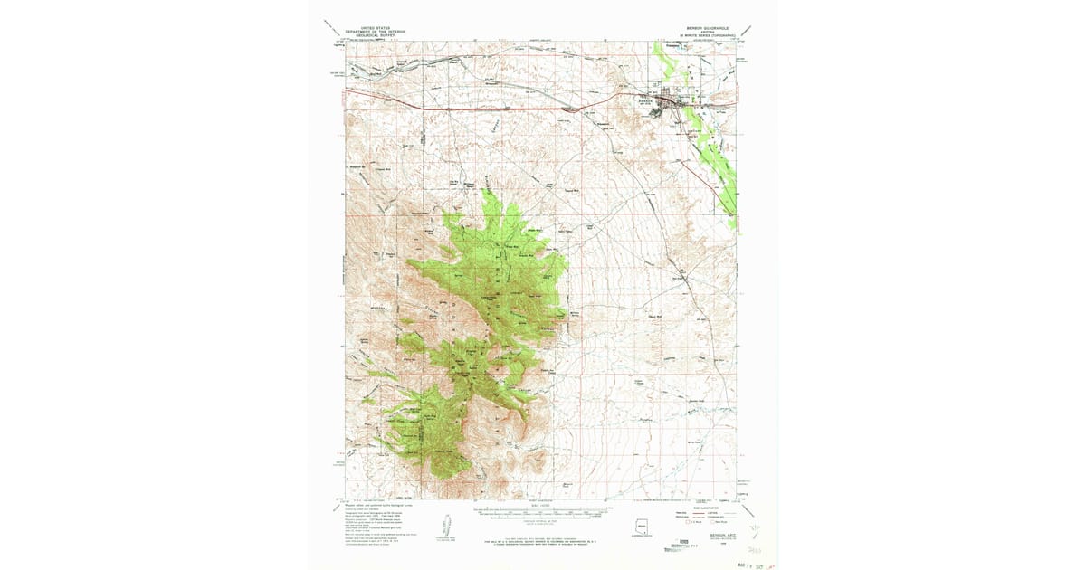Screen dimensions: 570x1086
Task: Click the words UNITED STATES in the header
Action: point(370,27)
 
